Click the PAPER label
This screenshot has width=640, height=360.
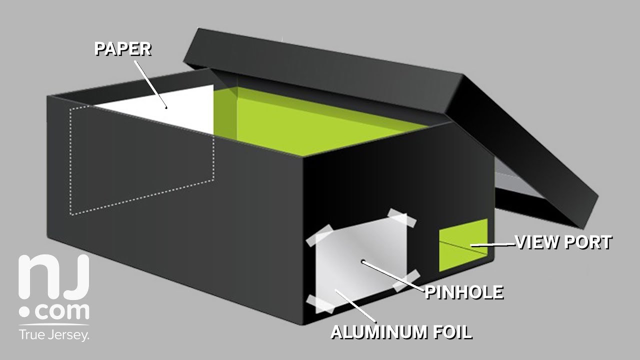(x=123, y=49)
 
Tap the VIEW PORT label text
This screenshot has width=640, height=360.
(x=563, y=242)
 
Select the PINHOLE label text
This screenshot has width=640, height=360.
(x=463, y=292)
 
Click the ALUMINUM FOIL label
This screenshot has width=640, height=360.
(x=401, y=332)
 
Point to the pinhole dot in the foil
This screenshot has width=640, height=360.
(x=363, y=261)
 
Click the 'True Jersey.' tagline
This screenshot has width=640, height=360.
(x=54, y=334)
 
